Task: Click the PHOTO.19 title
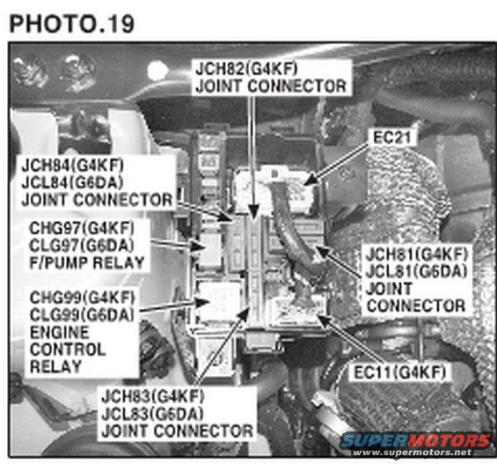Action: [72, 22]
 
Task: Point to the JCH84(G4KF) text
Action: [73, 166]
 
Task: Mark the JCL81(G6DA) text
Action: [419, 272]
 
